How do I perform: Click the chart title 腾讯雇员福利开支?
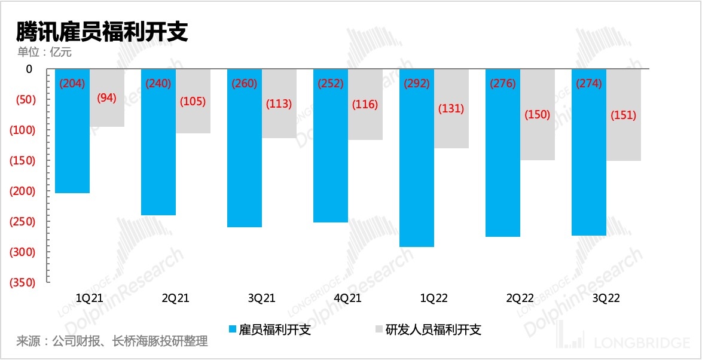point(102,31)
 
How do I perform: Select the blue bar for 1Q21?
point(72,144)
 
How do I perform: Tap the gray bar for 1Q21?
point(107,114)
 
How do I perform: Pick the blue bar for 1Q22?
point(417,173)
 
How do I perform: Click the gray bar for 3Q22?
point(624,138)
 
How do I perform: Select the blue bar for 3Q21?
point(245,161)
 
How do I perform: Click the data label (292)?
point(417,84)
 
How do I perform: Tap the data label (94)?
point(107,97)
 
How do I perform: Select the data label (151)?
point(624,115)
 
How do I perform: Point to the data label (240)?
point(158,84)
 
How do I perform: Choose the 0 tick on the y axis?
point(29,69)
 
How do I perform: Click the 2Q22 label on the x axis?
point(520,298)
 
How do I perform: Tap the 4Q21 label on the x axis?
point(347,298)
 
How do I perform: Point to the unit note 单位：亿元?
point(44,52)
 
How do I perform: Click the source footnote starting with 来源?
point(112,342)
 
